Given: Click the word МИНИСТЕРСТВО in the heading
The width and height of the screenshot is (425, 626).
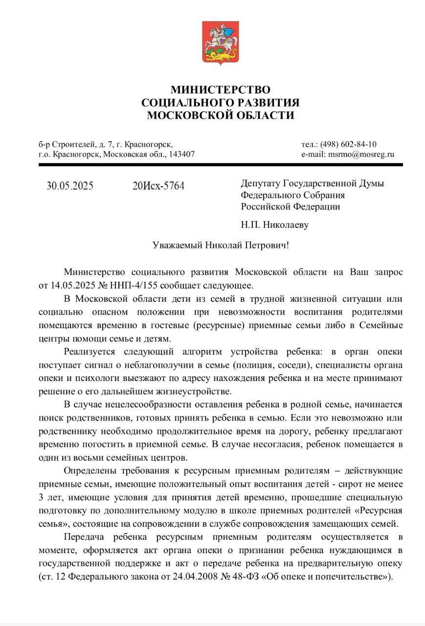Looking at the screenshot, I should pos(220,90).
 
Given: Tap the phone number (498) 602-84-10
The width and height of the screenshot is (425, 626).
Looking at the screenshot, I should pos(348,144).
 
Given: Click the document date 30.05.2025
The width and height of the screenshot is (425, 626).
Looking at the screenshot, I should pos(70,186).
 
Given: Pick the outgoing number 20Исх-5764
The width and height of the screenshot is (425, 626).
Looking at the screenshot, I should pos(158,186).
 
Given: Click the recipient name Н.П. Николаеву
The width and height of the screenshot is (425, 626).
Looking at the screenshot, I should pos(274,225).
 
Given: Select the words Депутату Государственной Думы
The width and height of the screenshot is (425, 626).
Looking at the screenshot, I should pos(312,183).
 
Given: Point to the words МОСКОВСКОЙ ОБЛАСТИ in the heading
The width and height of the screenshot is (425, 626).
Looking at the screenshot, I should pos(220,116).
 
